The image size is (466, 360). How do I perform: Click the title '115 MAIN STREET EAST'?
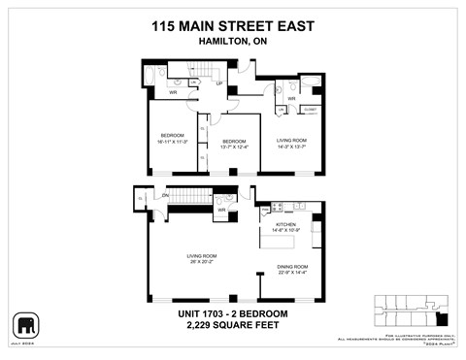(232, 28)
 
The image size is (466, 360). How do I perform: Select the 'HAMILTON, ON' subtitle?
(232, 45)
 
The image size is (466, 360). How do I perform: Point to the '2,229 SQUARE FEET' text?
(232, 326)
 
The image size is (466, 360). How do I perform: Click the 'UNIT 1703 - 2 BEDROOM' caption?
(232, 313)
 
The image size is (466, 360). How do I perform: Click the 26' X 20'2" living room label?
(201, 259)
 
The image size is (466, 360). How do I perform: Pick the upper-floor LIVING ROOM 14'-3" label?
(291, 143)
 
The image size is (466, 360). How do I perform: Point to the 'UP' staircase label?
(220, 83)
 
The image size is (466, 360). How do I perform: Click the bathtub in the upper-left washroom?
(148, 76)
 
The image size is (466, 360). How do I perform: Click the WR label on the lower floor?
(221, 210)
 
